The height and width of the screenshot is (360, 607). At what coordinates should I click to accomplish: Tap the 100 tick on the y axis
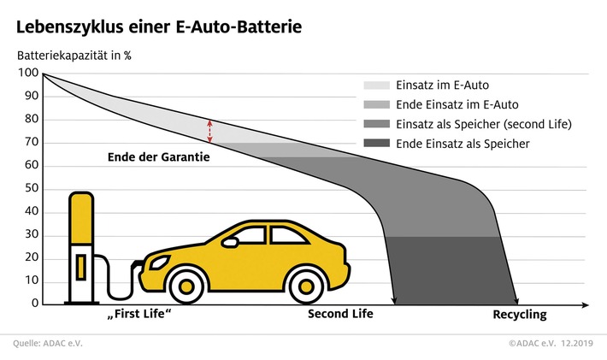[28, 73]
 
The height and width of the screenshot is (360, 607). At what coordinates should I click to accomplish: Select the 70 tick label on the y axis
[31, 142]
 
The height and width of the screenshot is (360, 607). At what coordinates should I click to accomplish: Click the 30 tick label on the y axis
[31, 234]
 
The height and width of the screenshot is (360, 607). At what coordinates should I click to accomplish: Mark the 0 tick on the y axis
[34, 304]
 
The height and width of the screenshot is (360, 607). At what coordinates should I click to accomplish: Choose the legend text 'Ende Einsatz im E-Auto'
[459, 105]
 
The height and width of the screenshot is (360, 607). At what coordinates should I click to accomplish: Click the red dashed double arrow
[209, 131]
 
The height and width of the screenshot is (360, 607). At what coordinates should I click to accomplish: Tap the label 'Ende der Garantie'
[159, 157]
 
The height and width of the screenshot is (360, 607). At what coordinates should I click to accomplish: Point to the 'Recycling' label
[519, 315]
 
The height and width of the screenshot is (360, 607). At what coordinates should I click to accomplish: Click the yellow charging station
[82, 248]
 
